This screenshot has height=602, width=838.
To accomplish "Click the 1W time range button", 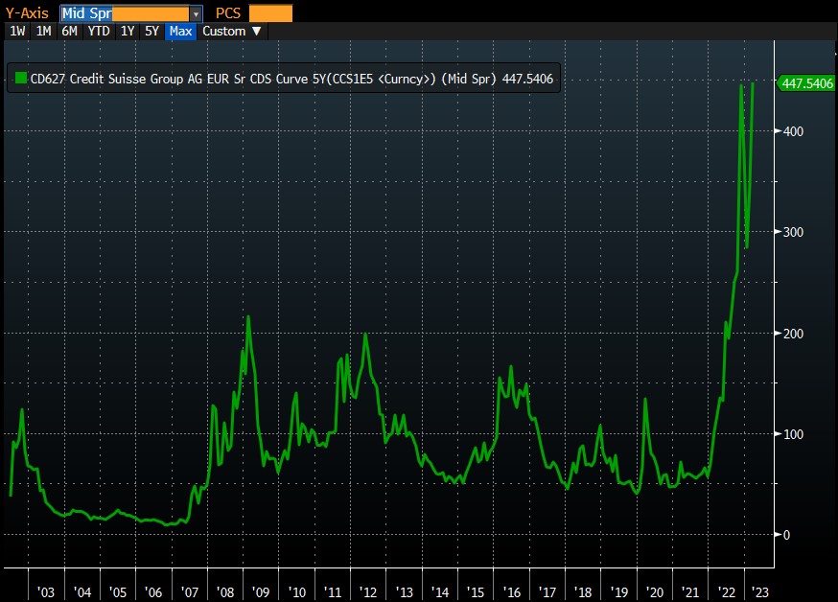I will click(17, 31).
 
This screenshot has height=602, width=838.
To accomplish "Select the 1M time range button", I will click(43, 31).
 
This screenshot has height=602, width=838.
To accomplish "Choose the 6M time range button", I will click(69, 31).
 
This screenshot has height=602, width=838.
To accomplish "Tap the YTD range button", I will click(98, 31).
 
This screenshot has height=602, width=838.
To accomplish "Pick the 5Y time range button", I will click(151, 31).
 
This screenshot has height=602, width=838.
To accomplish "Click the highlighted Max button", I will click(180, 31).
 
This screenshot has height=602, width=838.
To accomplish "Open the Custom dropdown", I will click(231, 31).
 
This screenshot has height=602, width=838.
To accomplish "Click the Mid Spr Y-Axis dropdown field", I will click(130, 13).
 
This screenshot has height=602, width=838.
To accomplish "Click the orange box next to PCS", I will click(270, 13).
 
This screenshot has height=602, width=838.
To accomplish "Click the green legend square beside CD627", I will click(19, 80).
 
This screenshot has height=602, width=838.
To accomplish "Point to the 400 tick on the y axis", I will click(793, 131).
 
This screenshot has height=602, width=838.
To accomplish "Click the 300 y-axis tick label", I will click(793, 232).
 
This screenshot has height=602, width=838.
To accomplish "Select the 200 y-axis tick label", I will click(793, 334).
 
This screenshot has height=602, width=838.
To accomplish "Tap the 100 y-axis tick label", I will click(793, 434).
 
